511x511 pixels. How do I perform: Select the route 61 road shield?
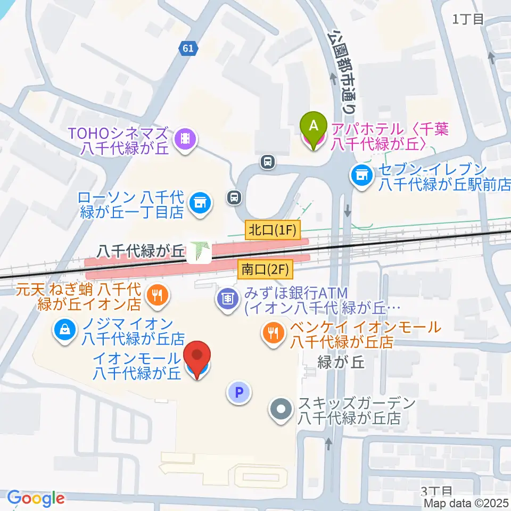[x=188, y=48]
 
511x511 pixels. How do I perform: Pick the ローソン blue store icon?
[x=200, y=203]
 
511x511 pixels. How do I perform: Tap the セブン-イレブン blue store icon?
[x=362, y=175]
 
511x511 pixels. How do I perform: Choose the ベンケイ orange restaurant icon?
[x=274, y=334]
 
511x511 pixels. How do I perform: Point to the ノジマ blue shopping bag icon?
[x=64, y=330]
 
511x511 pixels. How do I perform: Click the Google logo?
[x=36, y=499]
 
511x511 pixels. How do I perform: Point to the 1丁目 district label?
[x=468, y=19]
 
